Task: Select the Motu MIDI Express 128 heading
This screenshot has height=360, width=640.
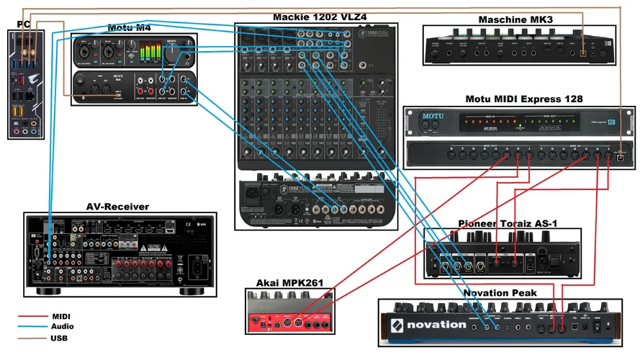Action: [514, 99]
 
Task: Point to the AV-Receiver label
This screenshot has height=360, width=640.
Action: [117, 207]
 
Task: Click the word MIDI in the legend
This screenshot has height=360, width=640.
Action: [61, 316]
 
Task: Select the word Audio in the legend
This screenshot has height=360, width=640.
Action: [62, 326]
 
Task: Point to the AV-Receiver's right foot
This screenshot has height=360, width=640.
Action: [192, 292]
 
